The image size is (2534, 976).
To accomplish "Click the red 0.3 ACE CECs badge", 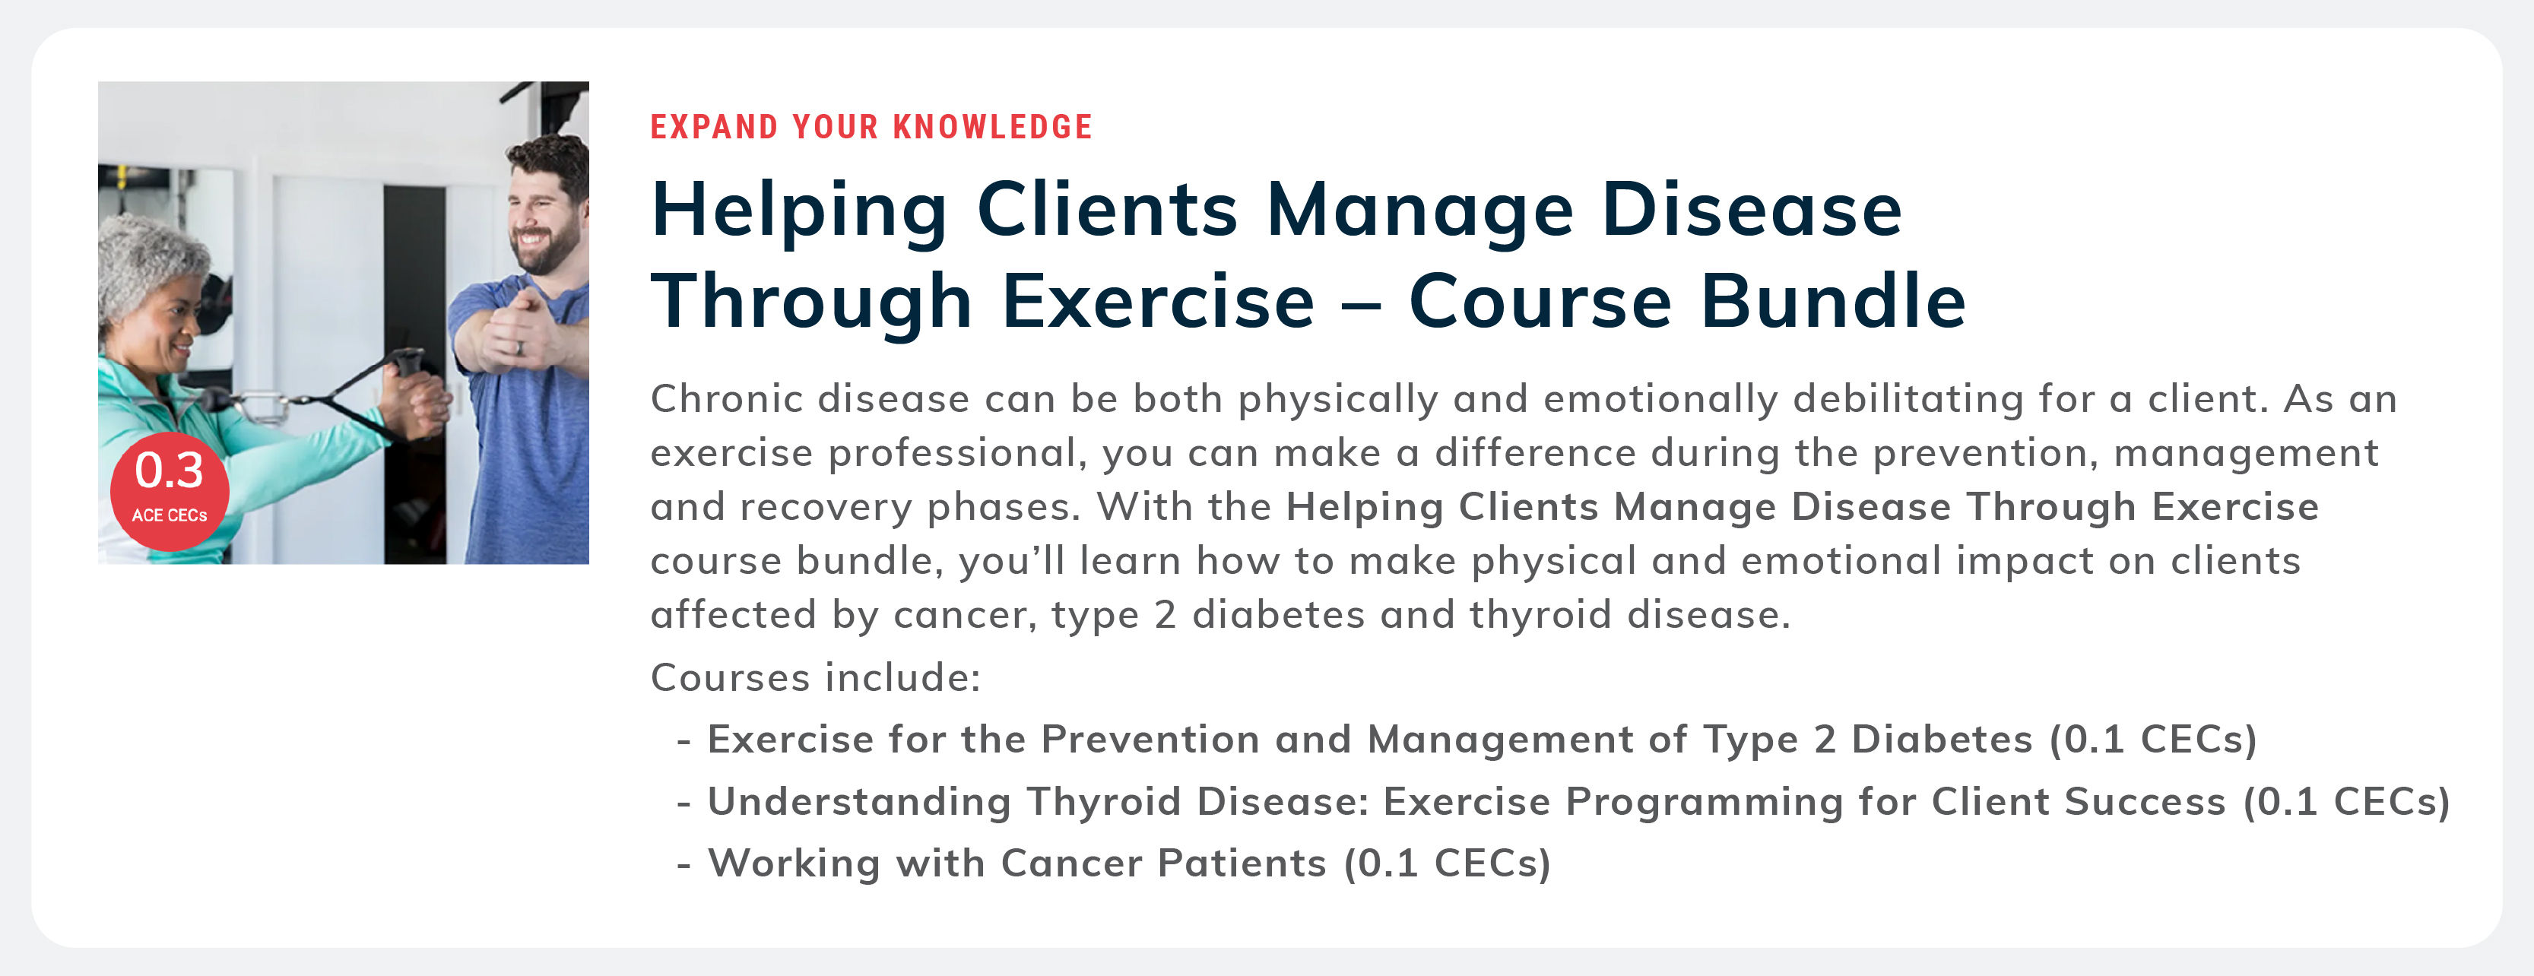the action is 170,490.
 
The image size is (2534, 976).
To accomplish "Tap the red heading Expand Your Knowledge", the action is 871,127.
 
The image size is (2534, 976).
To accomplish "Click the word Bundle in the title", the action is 1834,301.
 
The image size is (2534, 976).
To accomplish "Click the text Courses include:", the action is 816,677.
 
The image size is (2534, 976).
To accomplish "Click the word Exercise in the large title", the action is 1158,301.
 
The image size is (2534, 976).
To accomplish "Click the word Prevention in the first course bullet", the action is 1150,739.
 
